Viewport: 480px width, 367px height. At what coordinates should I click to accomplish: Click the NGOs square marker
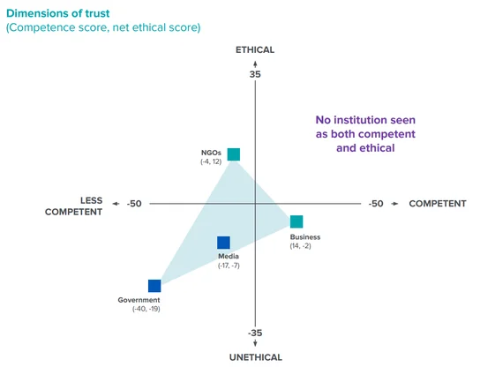click(234, 154)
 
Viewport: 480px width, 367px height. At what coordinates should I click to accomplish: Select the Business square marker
click(296, 221)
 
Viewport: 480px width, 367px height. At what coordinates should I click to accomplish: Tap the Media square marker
click(223, 243)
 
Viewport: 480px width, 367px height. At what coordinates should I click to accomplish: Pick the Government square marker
click(154, 286)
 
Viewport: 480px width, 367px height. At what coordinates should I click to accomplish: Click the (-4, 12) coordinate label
click(211, 161)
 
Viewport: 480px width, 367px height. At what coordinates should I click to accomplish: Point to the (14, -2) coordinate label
click(300, 246)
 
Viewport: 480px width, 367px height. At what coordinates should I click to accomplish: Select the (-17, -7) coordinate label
click(229, 266)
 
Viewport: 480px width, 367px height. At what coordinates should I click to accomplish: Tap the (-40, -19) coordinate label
click(146, 309)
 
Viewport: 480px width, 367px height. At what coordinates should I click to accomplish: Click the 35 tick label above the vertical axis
click(255, 74)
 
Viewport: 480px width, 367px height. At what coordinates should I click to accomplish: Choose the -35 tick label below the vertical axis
click(255, 333)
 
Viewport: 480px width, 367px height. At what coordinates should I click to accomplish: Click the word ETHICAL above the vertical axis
click(255, 50)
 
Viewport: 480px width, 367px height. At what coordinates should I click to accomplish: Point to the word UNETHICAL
click(256, 357)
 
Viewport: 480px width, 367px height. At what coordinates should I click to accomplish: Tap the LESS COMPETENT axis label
click(74, 206)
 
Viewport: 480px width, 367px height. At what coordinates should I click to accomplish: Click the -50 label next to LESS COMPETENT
click(134, 204)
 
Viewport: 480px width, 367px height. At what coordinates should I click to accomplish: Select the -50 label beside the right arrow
click(376, 204)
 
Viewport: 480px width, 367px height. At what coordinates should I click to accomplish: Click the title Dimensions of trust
click(58, 13)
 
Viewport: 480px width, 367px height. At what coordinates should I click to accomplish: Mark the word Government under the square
click(139, 300)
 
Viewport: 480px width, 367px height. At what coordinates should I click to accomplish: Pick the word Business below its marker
click(305, 237)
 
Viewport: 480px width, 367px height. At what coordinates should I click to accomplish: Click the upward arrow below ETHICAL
click(255, 64)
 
